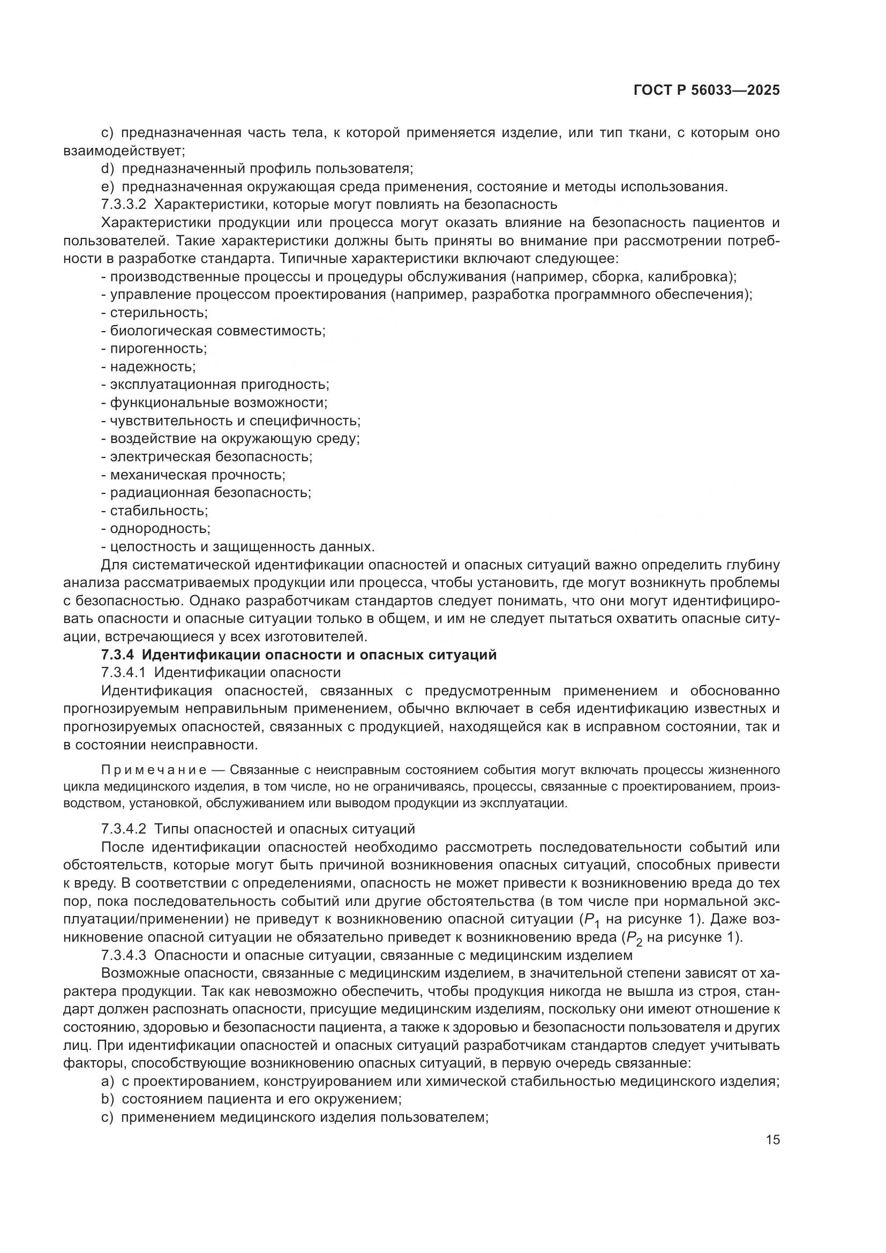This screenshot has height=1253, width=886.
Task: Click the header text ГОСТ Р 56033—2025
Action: tap(707, 91)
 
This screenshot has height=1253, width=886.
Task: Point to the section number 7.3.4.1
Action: tap(124, 672)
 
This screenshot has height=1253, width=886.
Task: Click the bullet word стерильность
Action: tap(158, 313)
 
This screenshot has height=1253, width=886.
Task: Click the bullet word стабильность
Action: tap(158, 511)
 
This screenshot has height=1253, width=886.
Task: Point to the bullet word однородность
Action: tap(160, 529)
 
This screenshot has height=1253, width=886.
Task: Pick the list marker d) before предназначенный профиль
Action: tap(108, 169)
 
